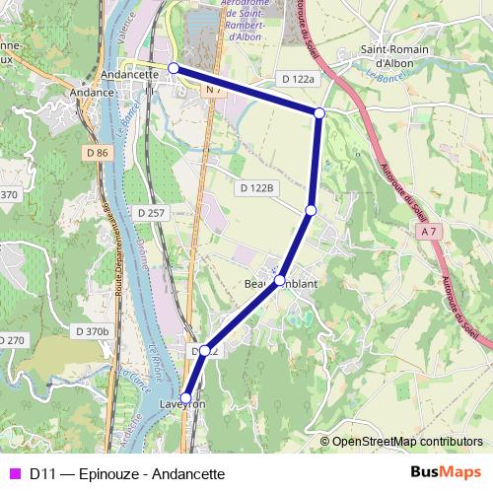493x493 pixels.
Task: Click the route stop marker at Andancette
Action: click(x=174, y=68)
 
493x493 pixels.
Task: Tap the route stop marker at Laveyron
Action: click(x=186, y=398)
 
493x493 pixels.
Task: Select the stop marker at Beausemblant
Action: click(x=279, y=281)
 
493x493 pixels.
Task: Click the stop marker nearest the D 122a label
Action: click(x=319, y=113)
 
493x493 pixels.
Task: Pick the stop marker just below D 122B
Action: click(x=311, y=210)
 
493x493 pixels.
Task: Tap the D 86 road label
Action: click(x=97, y=153)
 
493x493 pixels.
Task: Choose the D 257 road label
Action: click(x=152, y=212)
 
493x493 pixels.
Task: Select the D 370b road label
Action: click(x=92, y=331)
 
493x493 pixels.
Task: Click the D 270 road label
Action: click(x=11, y=340)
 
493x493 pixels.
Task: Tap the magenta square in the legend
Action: click(x=15, y=473)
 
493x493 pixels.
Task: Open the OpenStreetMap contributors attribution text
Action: click(x=407, y=442)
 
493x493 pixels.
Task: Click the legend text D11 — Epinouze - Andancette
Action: click(x=127, y=473)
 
